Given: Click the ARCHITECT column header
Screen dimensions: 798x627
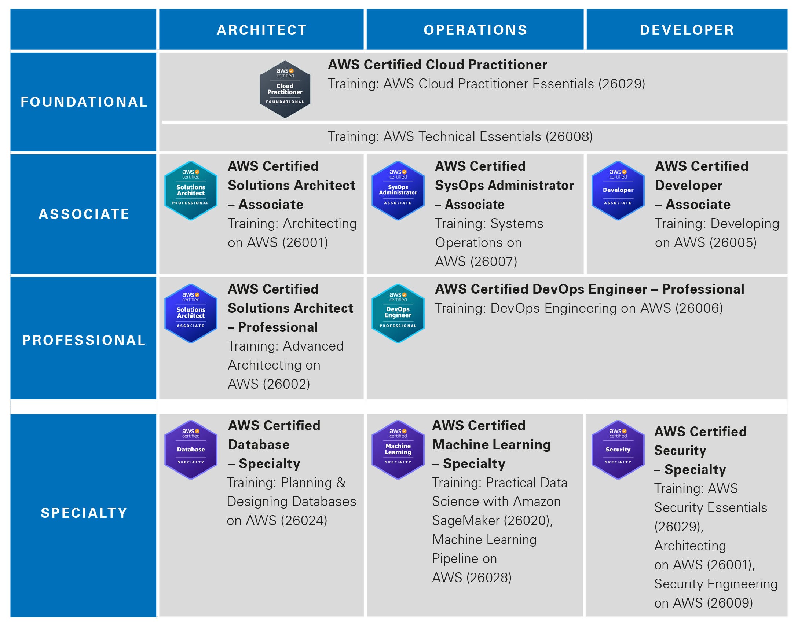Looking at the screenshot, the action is click(x=262, y=30).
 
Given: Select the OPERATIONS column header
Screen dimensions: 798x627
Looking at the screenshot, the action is click(x=475, y=30).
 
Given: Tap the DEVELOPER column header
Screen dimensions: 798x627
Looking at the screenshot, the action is click(x=687, y=30).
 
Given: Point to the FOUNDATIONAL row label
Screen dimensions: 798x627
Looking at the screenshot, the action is click(x=84, y=102).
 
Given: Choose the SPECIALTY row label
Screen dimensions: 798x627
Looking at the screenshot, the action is click(x=84, y=513).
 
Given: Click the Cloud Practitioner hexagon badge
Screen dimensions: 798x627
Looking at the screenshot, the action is click(x=285, y=89).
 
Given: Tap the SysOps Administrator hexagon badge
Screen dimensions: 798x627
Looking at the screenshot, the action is click(x=398, y=191).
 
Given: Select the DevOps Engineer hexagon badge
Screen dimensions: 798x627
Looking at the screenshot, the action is click(x=398, y=313).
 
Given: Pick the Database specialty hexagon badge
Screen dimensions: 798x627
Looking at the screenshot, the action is click(x=191, y=450).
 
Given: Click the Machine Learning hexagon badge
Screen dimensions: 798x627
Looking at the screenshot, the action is click(x=398, y=450).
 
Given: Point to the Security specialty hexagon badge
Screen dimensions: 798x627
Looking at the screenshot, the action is click(x=618, y=450).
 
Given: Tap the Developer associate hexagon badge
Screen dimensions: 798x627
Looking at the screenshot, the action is click(x=618, y=191).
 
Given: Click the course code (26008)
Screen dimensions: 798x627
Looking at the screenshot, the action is click(x=569, y=136).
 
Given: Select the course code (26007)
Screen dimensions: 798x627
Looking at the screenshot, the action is click(x=494, y=262).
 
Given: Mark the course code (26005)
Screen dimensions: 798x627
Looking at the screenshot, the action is click(x=733, y=243).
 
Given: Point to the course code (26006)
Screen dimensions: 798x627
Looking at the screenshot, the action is click(x=699, y=308).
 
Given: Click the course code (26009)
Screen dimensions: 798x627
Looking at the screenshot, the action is click(x=729, y=603).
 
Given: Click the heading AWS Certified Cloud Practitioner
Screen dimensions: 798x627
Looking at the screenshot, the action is click(x=437, y=65).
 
